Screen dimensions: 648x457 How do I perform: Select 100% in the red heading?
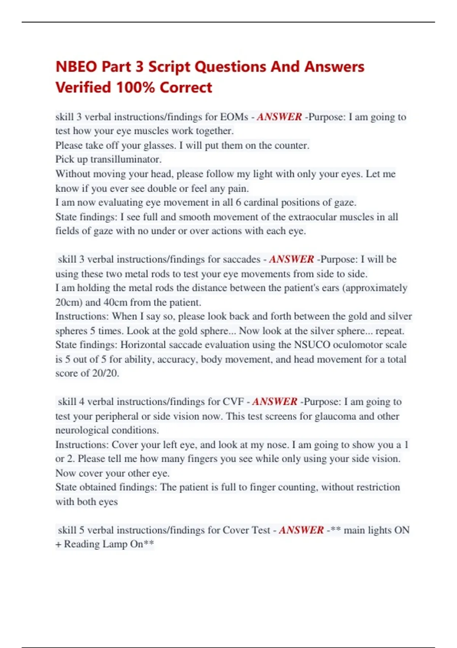click(x=135, y=87)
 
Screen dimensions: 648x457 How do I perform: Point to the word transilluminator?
click(x=126, y=159)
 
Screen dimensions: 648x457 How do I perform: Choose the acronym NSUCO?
click(x=312, y=345)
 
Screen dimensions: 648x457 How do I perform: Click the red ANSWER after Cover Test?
click(x=301, y=530)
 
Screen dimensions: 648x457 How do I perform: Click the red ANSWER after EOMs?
click(x=279, y=117)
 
